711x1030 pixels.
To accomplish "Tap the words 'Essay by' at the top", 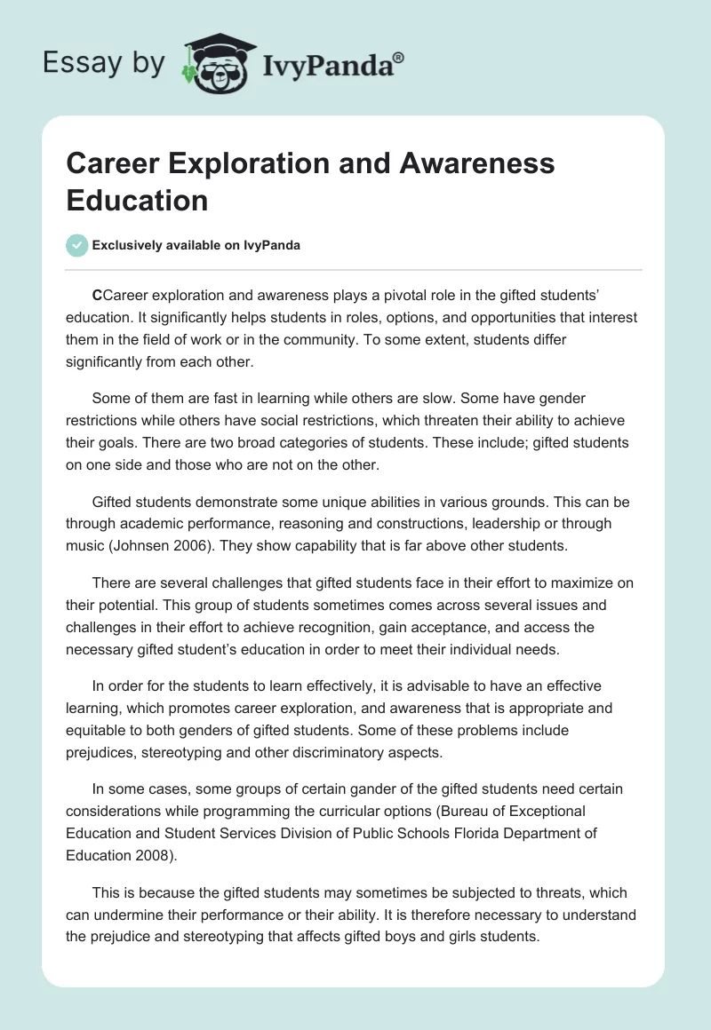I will point(103,63).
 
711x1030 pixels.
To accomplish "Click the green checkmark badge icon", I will point(77,245).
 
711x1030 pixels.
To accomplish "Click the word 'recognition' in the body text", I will point(377,627).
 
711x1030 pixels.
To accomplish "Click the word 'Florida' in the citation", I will point(469,833).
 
